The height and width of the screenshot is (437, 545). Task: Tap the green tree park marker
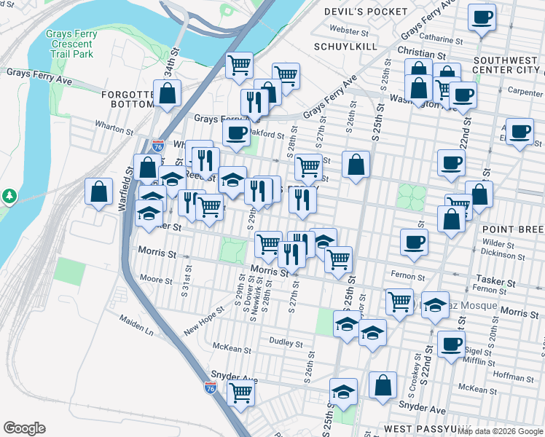(x=9, y=196)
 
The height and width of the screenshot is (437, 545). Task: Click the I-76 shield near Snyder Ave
(x=210, y=387)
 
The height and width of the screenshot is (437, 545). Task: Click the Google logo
(x=24, y=428)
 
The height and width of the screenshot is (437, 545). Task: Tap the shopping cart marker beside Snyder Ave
(x=240, y=393)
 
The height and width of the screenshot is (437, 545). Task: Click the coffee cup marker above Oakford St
(x=235, y=133)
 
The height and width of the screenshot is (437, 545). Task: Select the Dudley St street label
(x=285, y=342)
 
